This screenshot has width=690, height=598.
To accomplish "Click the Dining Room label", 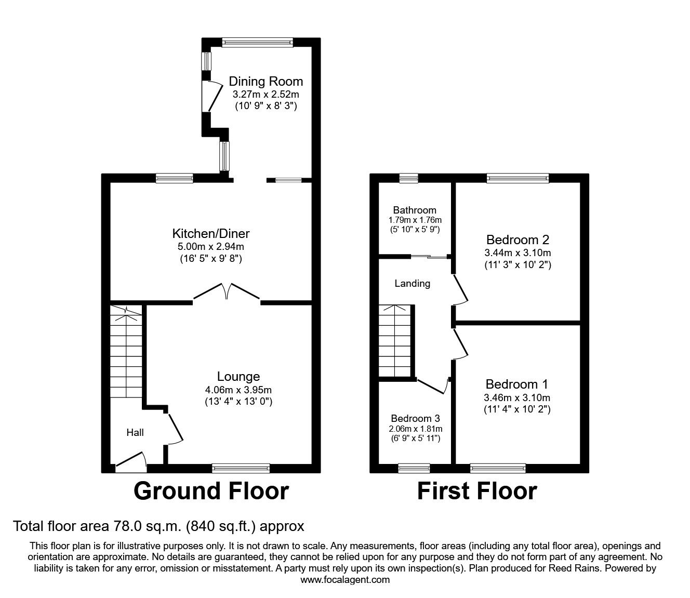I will pos(266,82).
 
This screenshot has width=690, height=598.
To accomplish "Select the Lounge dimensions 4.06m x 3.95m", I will pos(238,390).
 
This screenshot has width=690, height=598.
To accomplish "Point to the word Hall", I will pos(135,432).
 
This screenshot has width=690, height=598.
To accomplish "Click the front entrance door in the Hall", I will pos(131,462).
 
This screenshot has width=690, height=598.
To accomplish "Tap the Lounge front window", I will pos(241,469).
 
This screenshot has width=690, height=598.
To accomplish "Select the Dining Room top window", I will pos(257,43).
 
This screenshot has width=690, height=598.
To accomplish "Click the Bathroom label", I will pos(415,210).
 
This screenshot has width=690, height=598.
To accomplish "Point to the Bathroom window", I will pos(409,178).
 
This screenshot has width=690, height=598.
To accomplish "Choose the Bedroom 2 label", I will pos(517,240).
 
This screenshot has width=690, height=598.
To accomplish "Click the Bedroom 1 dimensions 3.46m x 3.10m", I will pos(517,398).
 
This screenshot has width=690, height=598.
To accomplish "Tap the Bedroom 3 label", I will pos(416,419).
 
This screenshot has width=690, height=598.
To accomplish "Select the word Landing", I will pos(413,284).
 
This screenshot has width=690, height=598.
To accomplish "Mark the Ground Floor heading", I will pos(211,491).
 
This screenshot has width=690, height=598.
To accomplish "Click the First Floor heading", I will pos(477,491).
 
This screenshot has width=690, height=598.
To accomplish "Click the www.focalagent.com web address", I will pos(345,580).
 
